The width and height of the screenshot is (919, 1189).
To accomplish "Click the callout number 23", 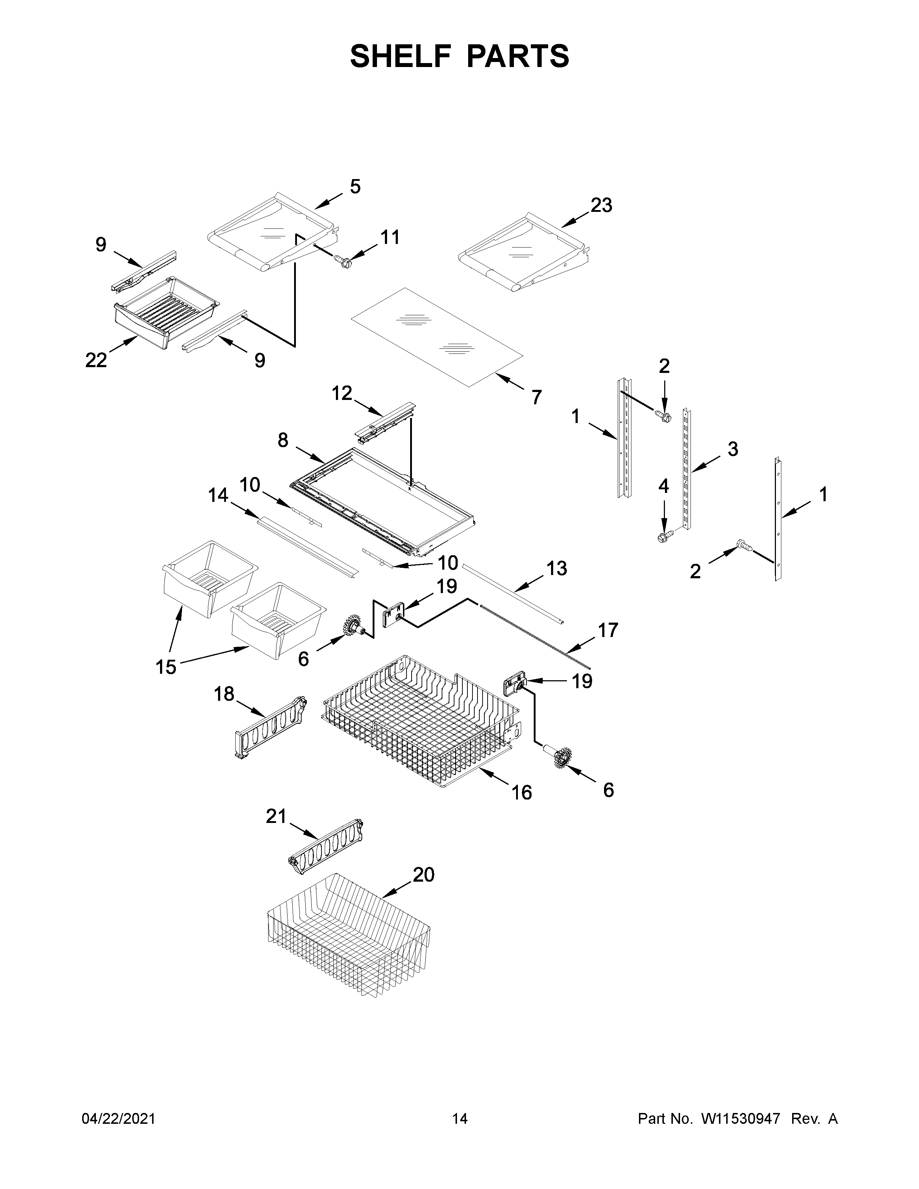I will pyautogui.click(x=601, y=205).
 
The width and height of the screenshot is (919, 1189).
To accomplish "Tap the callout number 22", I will pyautogui.click(x=96, y=360).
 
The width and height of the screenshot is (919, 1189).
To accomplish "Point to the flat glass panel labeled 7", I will pyautogui.click(x=436, y=338).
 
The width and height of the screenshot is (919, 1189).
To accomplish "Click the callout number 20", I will pyautogui.click(x=423, y=874).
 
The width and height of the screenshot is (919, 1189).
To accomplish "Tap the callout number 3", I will pyautogui.click(x=733, y=449).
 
